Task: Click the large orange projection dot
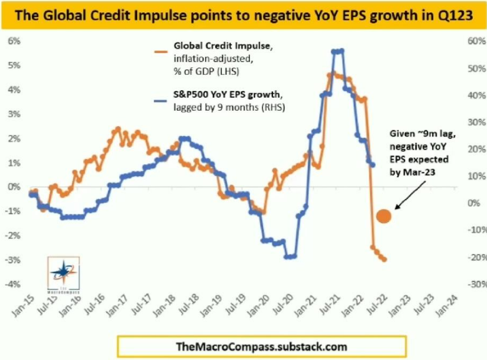[x=383, y=216]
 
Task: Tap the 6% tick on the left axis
[x=14, y=41]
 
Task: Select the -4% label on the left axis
[x=13, y=283]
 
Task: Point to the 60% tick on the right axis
[x=468, y=41]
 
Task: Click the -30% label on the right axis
[x=468, y=283]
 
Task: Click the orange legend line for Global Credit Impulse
[x=159, y=51]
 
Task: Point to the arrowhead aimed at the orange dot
[x=396, y=209]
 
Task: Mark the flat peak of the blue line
[x=338, y=51]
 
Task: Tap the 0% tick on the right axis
[x=469, y=203]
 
